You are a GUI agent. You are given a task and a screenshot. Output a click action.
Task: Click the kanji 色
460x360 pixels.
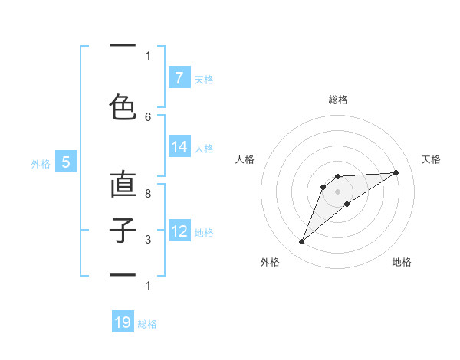[123, 106]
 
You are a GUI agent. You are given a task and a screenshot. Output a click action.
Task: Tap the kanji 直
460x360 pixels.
[123, 185]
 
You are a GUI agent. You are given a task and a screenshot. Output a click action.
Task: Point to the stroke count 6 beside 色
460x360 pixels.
[148, 116]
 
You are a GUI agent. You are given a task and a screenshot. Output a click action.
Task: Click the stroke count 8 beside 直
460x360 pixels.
[148, 194]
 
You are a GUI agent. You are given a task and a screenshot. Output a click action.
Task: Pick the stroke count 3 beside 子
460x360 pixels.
[148, 240]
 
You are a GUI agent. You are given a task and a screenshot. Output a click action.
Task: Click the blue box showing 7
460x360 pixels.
[179, 78]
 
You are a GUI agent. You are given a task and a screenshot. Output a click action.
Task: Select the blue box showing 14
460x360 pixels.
[179, 147]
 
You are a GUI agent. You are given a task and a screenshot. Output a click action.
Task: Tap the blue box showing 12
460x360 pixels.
[179, 231]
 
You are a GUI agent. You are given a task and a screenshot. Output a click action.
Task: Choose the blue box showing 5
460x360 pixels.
[66, 162]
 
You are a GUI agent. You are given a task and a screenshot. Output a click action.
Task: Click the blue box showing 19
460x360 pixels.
[123, 322]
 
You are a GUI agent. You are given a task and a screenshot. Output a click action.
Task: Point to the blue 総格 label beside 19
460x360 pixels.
[147, 324]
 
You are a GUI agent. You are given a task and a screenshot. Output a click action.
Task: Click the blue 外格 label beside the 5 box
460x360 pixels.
[41, 163]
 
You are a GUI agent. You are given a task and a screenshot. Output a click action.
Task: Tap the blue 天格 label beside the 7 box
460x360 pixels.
[203, 79]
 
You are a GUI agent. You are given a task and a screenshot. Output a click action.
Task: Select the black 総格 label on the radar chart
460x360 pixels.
[338, 100]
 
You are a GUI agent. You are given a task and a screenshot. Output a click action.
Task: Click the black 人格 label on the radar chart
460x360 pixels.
[245, 159]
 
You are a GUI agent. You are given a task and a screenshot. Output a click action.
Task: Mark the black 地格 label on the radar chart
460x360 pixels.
[402, 262]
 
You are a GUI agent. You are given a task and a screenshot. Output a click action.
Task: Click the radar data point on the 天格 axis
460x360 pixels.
[396, 172]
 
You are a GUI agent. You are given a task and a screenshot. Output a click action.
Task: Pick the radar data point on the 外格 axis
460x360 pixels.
[301, 242]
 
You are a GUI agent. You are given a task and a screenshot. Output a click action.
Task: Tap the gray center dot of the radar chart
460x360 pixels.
[338, 191]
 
